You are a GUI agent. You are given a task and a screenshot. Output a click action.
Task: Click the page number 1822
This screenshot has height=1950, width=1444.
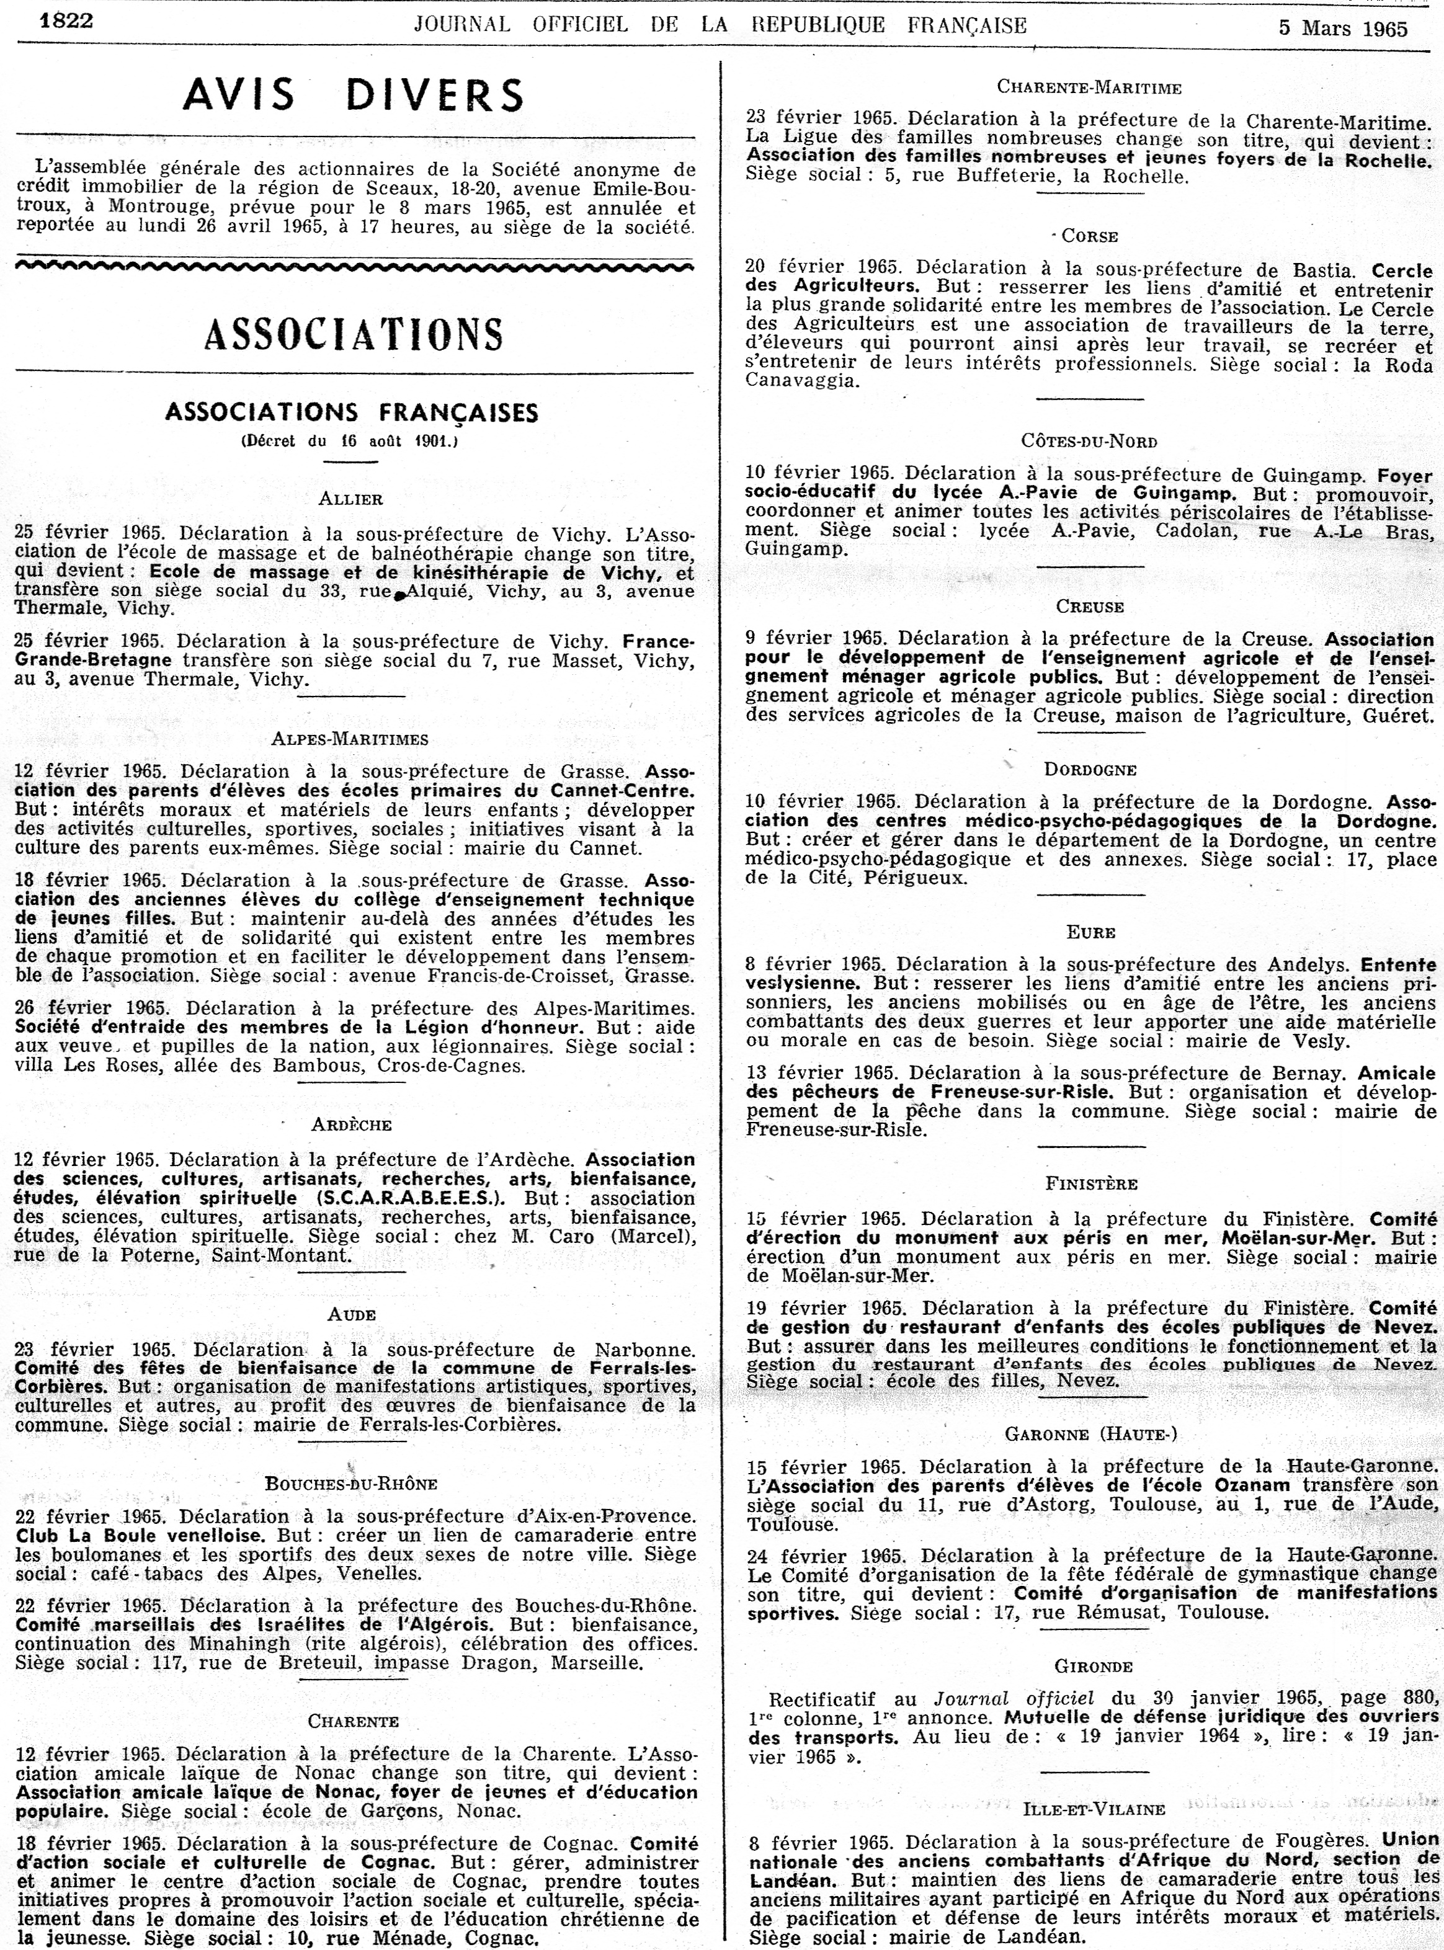pos(66,19)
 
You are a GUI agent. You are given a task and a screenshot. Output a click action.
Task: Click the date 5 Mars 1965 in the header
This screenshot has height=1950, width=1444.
pos(1343,28)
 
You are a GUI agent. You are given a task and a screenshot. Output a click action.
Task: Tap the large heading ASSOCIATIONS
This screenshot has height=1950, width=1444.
pos(353,333)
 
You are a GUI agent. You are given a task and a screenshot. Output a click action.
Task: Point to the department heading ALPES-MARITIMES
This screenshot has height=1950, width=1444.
pos(350,739)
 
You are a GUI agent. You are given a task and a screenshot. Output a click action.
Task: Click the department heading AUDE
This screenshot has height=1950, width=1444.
pos(352,1314)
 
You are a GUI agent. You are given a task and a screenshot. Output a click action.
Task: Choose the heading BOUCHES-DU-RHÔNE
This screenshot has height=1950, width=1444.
pos(351,1483)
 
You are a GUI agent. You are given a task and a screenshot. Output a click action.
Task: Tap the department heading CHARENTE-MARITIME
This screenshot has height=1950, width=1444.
pos(1089,87)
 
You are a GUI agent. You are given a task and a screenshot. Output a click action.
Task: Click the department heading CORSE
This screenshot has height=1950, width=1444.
pos(1090,236)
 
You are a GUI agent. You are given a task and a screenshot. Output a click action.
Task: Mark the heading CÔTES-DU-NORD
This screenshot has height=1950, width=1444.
pos(1089,442)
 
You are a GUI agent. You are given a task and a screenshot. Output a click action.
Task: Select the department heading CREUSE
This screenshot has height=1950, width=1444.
pos(1090,607)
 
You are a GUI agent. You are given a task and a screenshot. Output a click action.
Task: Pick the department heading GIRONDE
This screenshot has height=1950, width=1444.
pos(1093,1667)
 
